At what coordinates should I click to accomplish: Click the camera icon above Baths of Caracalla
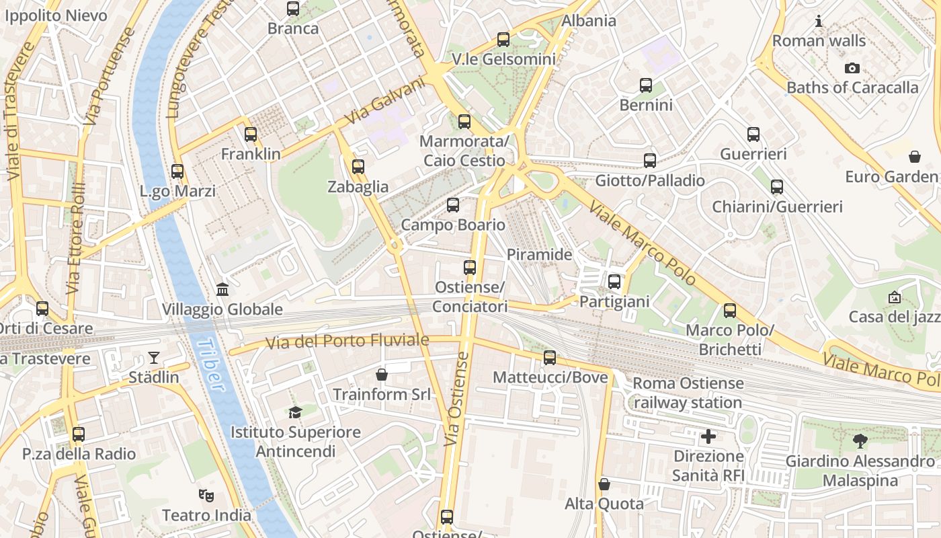coord(852,68)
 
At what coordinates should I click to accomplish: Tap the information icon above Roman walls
coord(819,21)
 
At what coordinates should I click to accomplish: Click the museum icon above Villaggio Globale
coord(222,290)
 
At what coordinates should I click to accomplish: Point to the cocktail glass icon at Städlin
coord(154,357)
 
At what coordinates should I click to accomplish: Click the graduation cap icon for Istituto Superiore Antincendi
coord(294,412)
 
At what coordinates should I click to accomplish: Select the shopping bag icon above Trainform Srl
coord(382,375)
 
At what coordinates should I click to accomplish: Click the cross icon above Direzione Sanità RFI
coord(708,437)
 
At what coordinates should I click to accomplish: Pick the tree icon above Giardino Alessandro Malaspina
coord(860,442)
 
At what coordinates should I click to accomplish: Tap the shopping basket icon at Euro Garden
coord(914,157)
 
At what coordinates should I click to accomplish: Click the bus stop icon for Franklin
coord(251,134)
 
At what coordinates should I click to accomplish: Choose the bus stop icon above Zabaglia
coord(358,167)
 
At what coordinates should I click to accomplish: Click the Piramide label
coord(539,255)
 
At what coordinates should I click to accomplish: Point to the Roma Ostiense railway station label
coord(688,393)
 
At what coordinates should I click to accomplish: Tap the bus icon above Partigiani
coord(614,282)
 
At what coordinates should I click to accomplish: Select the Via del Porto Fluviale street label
coord(347,341)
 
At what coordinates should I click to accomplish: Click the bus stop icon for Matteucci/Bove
coord(550,358)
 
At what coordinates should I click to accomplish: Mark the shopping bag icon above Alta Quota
coord(604,484)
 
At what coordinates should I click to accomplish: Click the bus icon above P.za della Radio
coord(79,434)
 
